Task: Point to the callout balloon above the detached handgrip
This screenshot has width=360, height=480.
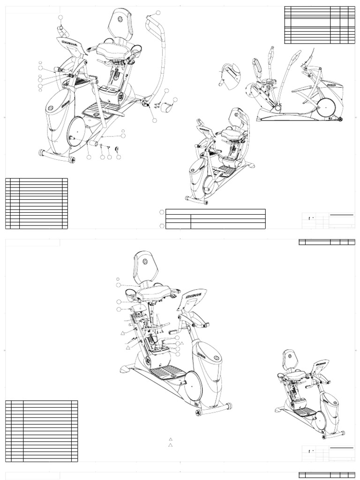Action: [x=60, y=18]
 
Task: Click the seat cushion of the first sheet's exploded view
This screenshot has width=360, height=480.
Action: [x=110, y=49]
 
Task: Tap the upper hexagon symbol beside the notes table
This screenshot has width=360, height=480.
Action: [x=162, y=212]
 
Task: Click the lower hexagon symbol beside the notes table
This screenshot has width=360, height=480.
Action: [x=162, y=226]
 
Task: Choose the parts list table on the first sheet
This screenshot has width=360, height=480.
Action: [x=37, y=203]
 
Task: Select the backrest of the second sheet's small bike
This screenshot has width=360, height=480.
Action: [x=288, y=359]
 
